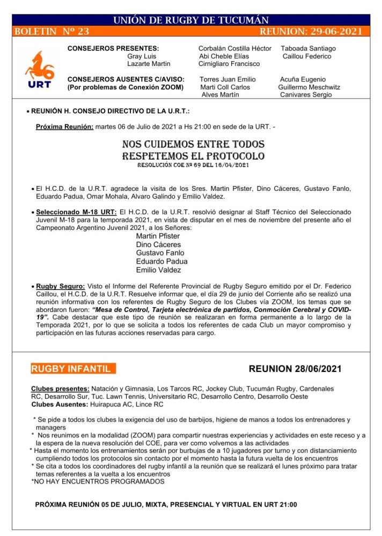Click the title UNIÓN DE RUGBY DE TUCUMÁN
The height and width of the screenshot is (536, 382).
[x=191, y=20]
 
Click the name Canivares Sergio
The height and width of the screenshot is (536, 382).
[x=306, y=95]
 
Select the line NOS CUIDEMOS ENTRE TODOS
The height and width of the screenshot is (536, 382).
[x=193, y=145]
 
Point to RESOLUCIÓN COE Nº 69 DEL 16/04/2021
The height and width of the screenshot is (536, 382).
[x=193, y=166]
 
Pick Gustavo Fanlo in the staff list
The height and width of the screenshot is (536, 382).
[x=160, y=253]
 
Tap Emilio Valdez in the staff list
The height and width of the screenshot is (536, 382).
[x=159, y=270]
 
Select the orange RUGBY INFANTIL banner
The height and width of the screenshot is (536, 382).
[x=74, y=369]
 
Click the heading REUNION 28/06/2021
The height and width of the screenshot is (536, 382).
[x=295, y=369]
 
